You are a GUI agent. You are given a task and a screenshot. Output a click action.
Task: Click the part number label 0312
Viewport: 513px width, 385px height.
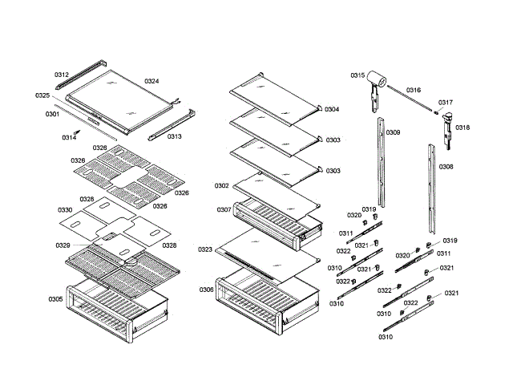coord(62,75)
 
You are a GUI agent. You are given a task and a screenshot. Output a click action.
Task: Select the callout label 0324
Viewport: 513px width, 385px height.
coord(151,81)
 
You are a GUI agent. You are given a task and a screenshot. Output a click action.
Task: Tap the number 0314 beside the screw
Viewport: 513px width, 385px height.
coord(70,137)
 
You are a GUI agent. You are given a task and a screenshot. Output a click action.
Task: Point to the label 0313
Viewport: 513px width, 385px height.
coord(174,136)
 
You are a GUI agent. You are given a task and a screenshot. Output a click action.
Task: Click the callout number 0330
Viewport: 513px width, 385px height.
coord(66,210)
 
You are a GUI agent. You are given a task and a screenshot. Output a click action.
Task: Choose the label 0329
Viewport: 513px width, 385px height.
coord(63,245)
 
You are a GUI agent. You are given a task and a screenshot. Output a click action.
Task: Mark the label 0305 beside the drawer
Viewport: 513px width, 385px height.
coord(55,299)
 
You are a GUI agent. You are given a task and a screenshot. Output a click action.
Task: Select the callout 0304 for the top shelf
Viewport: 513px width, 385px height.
coord(332,109)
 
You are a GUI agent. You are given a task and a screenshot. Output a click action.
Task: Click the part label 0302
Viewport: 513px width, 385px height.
coord(222,185)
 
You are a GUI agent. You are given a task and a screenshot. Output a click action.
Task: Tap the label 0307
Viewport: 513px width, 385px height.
coord(224,209)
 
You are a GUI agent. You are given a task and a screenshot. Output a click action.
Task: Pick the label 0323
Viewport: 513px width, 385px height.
coord(205,250)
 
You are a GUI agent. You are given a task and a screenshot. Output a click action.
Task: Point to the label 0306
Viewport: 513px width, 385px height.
coord(207,290)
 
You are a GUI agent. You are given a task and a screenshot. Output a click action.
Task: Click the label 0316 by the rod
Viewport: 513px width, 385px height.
coord(414,91)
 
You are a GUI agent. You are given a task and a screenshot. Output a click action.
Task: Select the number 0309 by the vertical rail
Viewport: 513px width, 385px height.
coord(394,132)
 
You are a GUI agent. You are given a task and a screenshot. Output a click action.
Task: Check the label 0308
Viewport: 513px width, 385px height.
coord(446,167)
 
